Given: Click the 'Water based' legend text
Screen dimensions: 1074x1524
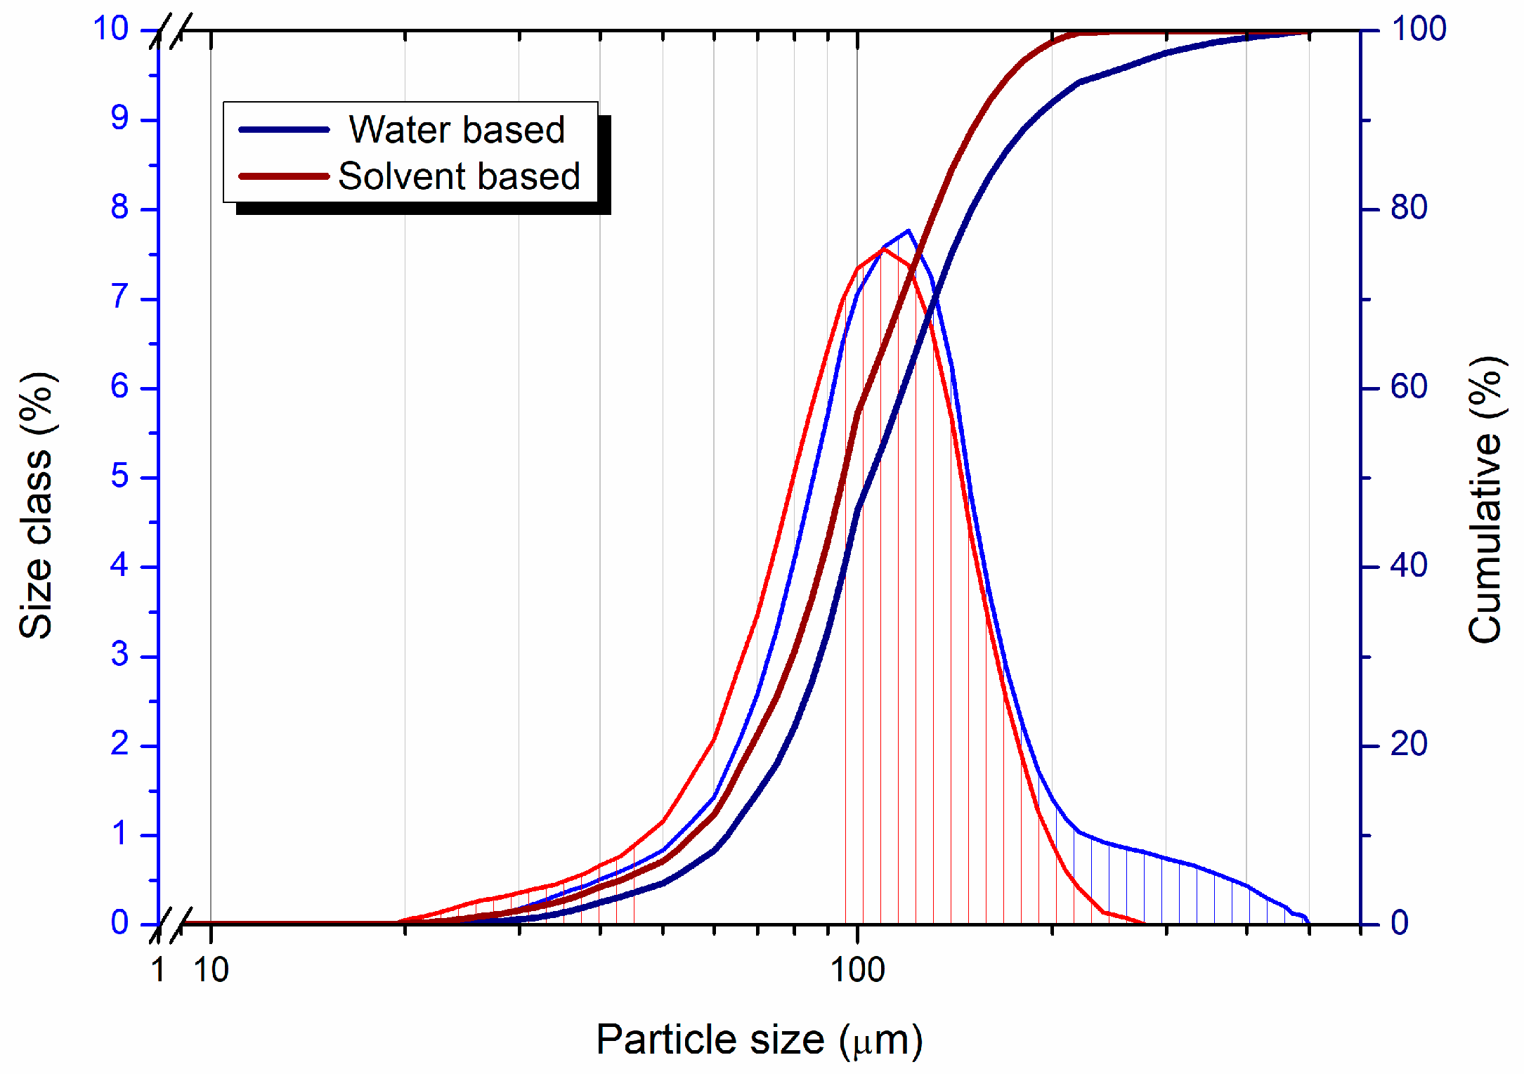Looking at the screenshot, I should (457, 130).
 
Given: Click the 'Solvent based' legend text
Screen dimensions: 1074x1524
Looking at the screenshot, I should (459, 176).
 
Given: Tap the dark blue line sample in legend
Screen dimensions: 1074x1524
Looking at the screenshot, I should (284, 130).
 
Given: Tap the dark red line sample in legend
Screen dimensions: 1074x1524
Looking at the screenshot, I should (284, 176).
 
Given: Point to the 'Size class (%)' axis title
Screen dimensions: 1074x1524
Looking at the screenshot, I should (36, 506).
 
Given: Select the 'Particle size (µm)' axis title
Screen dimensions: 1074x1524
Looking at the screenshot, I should (759, 1040).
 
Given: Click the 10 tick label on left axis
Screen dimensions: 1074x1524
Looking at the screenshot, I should (111, 29).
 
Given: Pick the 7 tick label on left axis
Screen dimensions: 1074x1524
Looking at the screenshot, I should (119, 298).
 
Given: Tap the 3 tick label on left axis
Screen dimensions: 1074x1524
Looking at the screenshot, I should (119, 655).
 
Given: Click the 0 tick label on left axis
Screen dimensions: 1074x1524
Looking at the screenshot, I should (119, 923).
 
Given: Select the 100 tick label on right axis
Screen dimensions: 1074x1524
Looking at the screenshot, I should (1419, 29).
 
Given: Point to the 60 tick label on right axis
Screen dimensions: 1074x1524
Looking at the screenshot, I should (1409, 387).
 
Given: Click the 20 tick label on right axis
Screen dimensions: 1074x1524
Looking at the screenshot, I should (1409, 745).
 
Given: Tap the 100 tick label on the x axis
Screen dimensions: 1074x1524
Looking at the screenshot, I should (857, 970).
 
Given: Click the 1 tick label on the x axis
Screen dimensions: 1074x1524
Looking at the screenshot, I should (159, 970).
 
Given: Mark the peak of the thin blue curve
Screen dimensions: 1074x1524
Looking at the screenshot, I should (908, 230).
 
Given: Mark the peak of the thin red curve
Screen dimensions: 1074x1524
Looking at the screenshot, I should (885, 249).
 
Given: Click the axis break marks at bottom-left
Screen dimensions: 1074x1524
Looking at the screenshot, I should (171, 925).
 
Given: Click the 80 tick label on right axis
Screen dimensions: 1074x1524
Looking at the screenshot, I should (1409, 208).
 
